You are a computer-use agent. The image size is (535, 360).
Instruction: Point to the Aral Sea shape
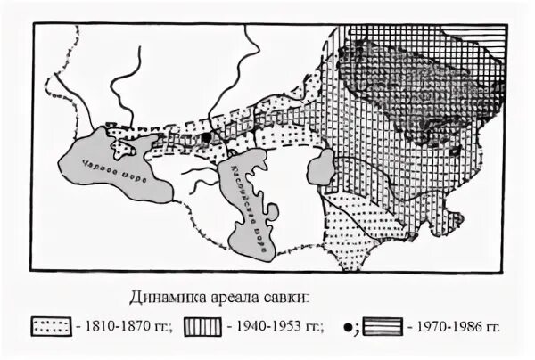tap(320, 168)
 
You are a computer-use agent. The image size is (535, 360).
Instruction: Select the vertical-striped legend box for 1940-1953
tap(206, 325)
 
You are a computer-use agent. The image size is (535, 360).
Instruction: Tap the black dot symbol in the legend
tap(345, 325)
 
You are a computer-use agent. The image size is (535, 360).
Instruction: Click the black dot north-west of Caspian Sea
tap(207, 139)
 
